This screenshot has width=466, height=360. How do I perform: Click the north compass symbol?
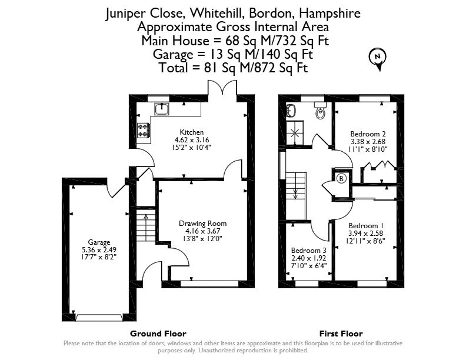(378, 59)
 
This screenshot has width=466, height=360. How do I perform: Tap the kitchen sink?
(161, 109)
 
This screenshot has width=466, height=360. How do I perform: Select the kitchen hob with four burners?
(144, 131)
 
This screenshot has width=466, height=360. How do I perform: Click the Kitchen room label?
(192, 132)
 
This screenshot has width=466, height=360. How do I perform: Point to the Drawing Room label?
(202, 224)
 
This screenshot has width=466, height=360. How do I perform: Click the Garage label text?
(99, 242)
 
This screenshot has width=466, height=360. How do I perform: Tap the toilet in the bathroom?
(320, 111)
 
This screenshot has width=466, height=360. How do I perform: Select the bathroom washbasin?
(290, 111)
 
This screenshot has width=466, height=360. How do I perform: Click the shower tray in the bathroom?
(295, 133)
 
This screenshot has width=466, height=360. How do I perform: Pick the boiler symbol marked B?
(341, 178)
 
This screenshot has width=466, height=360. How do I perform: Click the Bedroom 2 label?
(368, 134)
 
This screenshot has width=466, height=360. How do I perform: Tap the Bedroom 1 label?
(365, 226)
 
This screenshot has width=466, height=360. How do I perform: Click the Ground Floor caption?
(158, 334)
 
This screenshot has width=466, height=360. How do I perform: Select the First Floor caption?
(341, 334)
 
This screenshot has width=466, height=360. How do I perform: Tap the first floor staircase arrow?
(296, 186)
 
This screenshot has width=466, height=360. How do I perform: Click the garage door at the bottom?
(99, 318)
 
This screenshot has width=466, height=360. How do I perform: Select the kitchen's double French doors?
(222, 88)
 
